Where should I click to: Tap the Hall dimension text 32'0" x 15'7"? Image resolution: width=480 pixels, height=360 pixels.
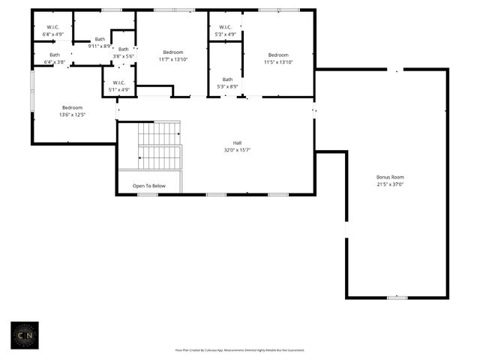(x=237, y=150)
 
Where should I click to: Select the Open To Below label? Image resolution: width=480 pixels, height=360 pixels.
(x=149, y=185)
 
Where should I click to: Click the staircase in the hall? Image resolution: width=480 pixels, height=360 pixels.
(x=160, y=145)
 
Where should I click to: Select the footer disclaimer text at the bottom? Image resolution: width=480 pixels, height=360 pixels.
(x=240, y=349)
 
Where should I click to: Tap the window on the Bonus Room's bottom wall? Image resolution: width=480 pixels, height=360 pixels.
(x=397, y=298)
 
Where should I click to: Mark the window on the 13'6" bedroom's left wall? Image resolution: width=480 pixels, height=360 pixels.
(x=31, y=89)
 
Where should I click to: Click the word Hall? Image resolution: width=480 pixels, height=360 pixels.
(x=237, y=142)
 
